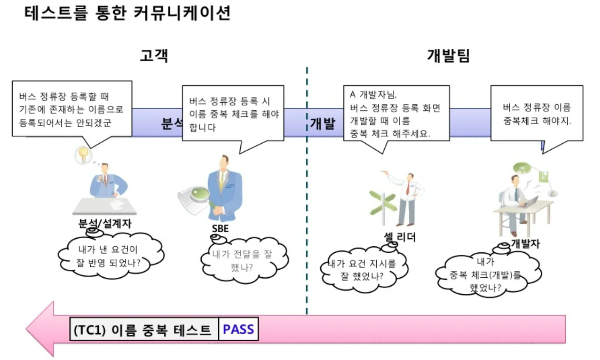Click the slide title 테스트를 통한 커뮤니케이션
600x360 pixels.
[127, 13]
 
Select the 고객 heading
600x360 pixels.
[154, 56]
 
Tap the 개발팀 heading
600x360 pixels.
[448, 56]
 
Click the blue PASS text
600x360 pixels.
[238, 329]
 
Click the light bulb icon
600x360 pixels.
[83, 154]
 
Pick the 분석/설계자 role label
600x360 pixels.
[105, 223]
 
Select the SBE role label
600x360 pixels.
[220, 229]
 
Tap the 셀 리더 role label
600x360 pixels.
[400, 237]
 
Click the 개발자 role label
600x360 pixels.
[525, 243]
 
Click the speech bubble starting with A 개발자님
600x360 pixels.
[396, 114]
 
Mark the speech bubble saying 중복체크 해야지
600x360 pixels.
[536, 114]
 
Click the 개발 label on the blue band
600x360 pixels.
[322, 123]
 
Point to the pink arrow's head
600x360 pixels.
[40, 329]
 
